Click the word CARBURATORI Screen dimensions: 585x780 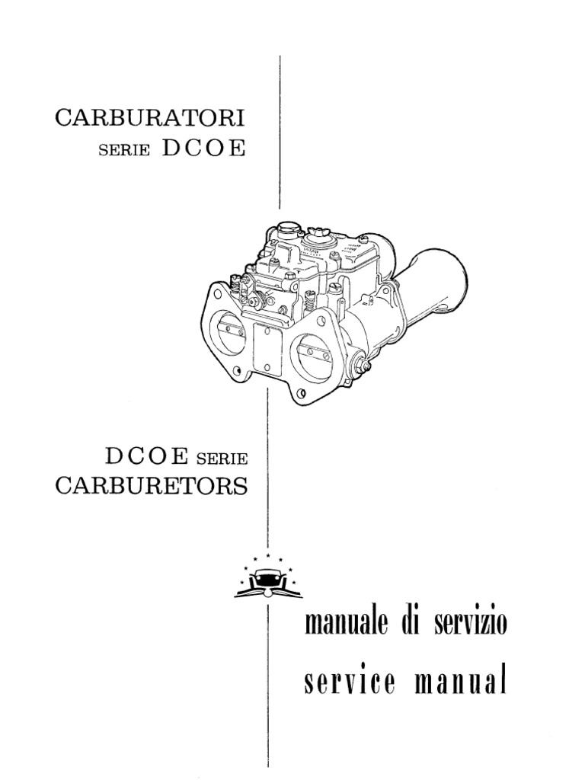coord(150,119)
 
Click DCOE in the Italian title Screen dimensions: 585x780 coord(203,149)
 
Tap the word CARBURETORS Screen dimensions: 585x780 coord(152,486)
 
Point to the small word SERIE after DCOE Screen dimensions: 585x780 coord(222,459)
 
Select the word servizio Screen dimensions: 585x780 coord(465,625)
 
